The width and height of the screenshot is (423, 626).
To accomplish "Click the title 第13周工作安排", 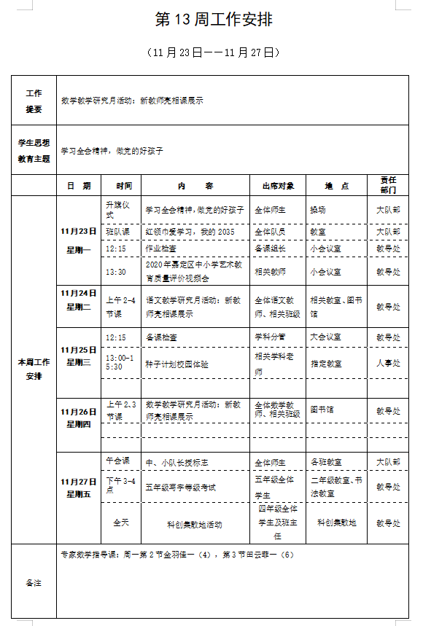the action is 214,20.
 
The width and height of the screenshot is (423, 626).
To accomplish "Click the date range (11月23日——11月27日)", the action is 214,52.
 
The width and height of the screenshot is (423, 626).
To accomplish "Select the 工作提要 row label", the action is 34,101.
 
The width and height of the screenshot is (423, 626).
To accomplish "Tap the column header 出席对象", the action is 277,186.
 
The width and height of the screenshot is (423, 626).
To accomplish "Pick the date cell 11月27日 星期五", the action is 79,488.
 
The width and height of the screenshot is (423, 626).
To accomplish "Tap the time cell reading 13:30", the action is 116,272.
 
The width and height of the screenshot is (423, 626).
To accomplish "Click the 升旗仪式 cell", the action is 120,209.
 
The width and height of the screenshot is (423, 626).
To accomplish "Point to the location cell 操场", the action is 318,210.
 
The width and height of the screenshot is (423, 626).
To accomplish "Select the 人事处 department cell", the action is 388,363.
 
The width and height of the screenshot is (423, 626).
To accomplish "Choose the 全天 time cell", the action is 121,523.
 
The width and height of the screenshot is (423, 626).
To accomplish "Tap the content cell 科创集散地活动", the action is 195,524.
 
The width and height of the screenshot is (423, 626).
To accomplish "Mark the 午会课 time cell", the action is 118,461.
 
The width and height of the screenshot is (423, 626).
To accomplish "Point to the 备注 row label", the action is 34,583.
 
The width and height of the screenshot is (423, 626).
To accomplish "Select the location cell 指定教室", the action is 326,363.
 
